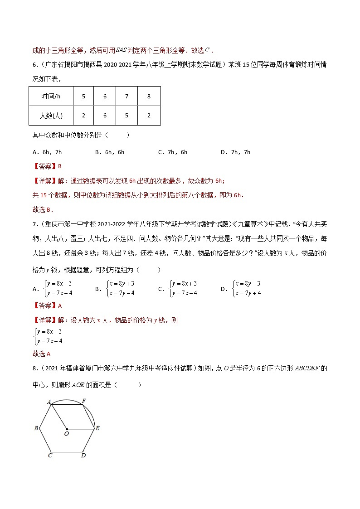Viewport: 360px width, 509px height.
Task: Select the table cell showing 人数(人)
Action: click(51, 116)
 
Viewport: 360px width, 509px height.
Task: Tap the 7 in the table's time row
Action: click(126, 97)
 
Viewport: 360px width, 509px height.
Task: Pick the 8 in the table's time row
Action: click(149, 97)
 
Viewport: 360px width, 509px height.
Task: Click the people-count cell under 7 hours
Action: click(126, 116)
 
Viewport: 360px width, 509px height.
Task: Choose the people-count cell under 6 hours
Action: click(105, 116)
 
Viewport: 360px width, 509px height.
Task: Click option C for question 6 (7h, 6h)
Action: click(173, 152)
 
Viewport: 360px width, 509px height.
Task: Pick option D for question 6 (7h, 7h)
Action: click(235, 152)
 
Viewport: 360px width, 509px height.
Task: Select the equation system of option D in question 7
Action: click(247, 288)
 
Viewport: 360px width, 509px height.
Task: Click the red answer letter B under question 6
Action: click(59, 166)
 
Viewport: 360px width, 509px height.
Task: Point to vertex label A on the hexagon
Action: click(49, 401)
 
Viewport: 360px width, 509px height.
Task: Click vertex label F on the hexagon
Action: click(84, 401)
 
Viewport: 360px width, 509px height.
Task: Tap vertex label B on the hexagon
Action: click(36, 428)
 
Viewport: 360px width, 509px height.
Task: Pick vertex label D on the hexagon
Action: click(83, 455)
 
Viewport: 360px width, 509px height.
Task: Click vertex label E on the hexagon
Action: click(97, 428)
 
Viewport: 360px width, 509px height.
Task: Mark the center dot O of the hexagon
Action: click(67, 428)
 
